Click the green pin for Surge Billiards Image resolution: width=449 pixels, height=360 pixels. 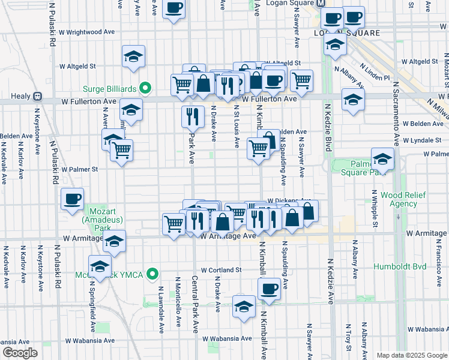(x=145, y=88)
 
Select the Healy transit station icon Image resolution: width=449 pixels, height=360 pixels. (x=37, y=96)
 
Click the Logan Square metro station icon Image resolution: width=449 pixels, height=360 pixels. (x=322, y=4)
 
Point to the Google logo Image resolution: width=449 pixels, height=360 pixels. (x=20, y=353)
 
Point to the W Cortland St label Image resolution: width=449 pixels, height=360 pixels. (x=221, y=271)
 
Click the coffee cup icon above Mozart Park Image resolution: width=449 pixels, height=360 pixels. (x=72, y=199)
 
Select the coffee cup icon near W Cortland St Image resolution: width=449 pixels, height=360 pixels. (x=269, y=289)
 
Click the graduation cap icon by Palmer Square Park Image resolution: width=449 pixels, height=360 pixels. (x=382, y=159)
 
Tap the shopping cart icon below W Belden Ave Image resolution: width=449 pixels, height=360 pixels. (x=258, y=148)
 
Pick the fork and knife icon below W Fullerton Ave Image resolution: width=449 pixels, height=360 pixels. (x=192, y=116)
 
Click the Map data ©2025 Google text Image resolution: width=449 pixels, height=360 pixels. (x=411, y=355)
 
